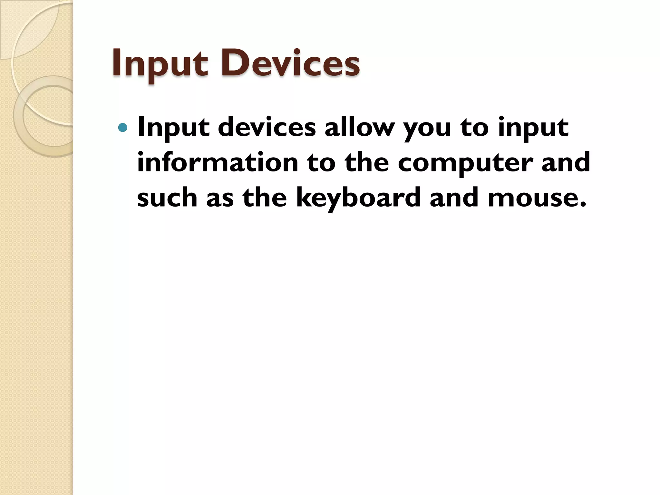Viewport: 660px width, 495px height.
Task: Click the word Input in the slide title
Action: click(160, 63)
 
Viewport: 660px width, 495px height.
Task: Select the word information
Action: click(218, 162)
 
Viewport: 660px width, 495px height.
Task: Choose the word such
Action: click(167, 197)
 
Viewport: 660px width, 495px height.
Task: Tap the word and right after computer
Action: click(566, 162)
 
